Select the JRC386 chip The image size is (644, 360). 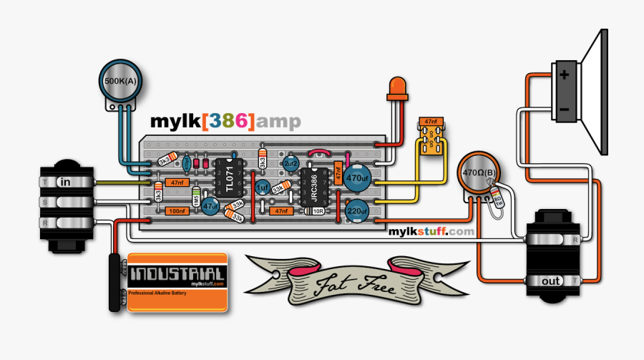(x=313, y=189)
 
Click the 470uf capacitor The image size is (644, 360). (x=356, y=177)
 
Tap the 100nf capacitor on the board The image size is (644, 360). (x=177, y=211)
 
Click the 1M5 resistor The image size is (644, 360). (x=195, y=200)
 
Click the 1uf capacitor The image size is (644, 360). (x=262, y=188)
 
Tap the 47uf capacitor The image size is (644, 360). (x=210, y=206)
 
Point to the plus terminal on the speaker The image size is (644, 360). (x=565, y=75)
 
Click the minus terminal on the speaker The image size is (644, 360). (x=565, y=109)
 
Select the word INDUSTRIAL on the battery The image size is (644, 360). (x=176, y=273)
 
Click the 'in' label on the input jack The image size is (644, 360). (x=66, y=182)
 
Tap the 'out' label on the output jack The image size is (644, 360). (x=551, y=281)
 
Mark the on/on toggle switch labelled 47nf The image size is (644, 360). (x=431, y=136)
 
